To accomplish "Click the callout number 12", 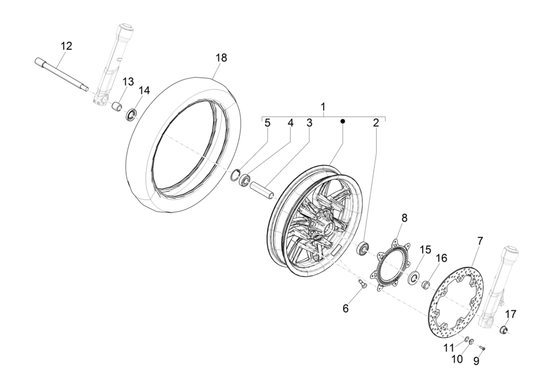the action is [x=66, y=46].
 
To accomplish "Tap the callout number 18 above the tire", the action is [x=221, y=58].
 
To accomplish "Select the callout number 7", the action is [x=480, y=240].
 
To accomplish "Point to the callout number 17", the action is [x=511, y=314].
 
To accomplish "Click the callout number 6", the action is [x=345, y=309].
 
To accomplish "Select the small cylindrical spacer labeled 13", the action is [x=116, y=107].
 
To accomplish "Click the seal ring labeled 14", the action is [x=131, y=115].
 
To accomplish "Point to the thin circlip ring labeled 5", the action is [x=236, y=174].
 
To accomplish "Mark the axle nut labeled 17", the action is [x=504, y=329].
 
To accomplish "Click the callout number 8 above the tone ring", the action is [x=405, y=217].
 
